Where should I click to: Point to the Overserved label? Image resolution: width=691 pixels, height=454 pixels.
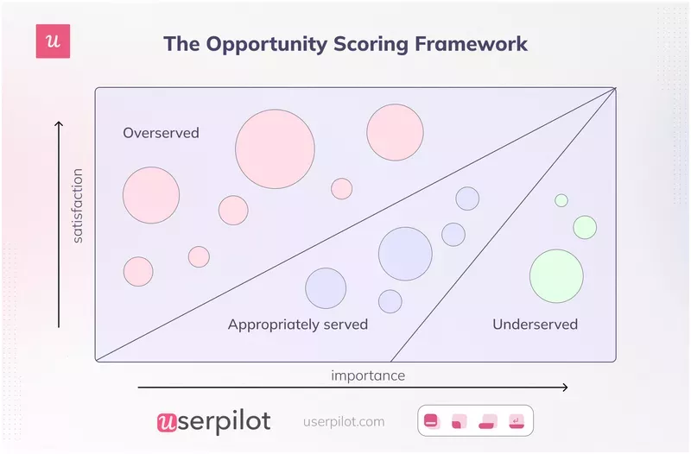161,133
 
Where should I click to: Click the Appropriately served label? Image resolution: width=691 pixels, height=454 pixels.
298,325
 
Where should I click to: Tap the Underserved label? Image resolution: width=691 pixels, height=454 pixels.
535,325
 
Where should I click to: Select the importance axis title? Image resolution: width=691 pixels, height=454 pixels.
368,375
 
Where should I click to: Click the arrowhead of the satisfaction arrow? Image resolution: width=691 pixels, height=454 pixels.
59,124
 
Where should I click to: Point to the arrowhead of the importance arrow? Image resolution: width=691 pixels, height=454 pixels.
565,388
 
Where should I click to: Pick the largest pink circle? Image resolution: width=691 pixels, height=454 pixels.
275,149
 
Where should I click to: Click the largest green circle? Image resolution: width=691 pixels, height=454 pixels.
556,276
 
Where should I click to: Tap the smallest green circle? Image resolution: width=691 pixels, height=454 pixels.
561,200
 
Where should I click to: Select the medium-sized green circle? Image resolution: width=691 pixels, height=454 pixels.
585,227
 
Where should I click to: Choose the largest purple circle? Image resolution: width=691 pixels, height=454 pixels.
405,254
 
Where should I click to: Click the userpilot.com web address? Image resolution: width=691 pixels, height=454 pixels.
345,422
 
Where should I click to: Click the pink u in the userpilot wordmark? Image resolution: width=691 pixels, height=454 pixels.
167,422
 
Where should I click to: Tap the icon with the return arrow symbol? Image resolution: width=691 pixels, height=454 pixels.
516,421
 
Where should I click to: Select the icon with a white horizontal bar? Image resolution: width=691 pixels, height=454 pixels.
431,421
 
